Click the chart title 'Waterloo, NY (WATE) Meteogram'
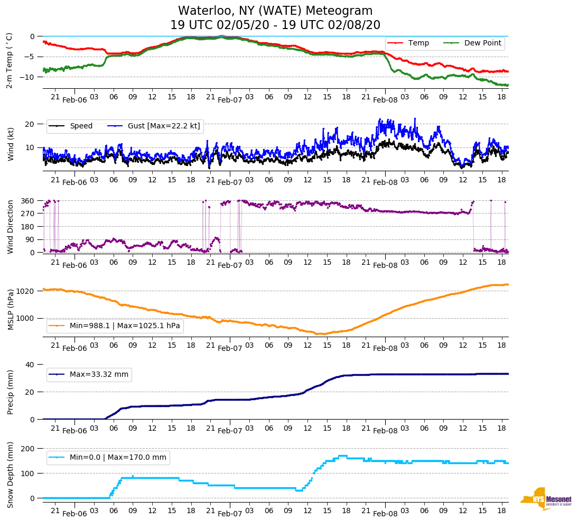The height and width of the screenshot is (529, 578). click(275, 11)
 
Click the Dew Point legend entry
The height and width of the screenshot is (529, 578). click(482, 43)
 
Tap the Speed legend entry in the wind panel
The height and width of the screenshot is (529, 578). click(81, 126)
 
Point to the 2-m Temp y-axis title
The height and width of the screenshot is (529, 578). click(9, 60)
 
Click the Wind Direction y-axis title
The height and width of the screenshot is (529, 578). click(10, 227)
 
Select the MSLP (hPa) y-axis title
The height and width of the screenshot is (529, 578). click(10, 310)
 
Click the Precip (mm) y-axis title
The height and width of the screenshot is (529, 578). click(10, 392)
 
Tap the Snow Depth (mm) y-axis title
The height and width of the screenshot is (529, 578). click(10, 474)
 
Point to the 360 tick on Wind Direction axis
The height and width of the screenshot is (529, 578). click(27, 201)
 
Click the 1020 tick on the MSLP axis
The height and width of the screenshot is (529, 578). click(26, 291)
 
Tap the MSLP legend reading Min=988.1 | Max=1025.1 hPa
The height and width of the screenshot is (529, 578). click(125, 326)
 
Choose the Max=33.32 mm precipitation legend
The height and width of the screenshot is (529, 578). click(99, 375)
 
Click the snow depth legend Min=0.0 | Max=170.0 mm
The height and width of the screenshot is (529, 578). click(118, 458)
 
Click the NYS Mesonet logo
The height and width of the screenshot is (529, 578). click(546, 499)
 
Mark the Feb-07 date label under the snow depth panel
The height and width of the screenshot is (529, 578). click(230, 514)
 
